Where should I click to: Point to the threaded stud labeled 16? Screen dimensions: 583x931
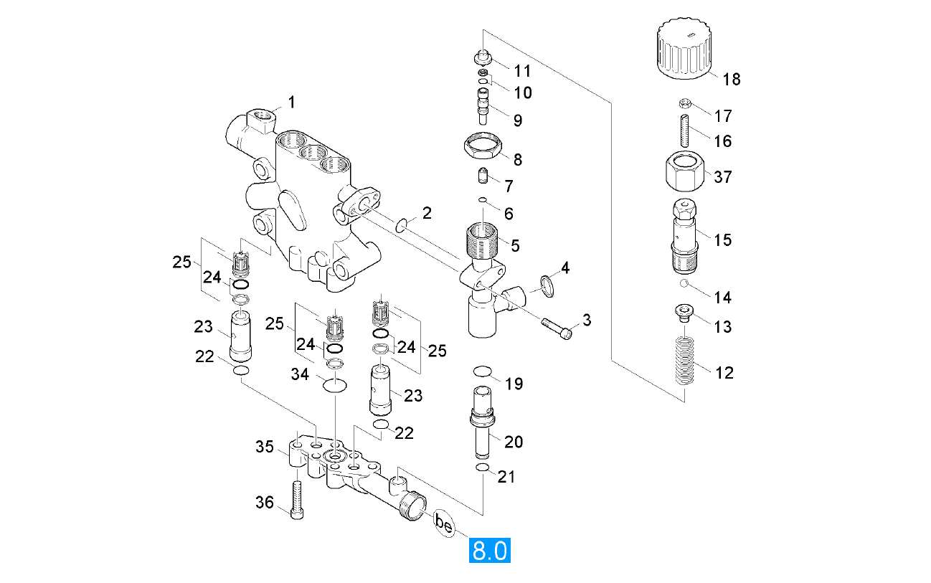pos(684,128)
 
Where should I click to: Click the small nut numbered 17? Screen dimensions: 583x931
pos(684,103)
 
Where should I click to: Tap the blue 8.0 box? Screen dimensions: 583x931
pos(489,551)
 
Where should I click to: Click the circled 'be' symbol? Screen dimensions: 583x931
pos(445,526)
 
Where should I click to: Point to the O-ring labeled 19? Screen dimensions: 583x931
pos(483,371)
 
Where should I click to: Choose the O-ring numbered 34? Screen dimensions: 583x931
pos(335,386)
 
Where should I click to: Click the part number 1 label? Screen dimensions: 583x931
pos(291,103)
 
